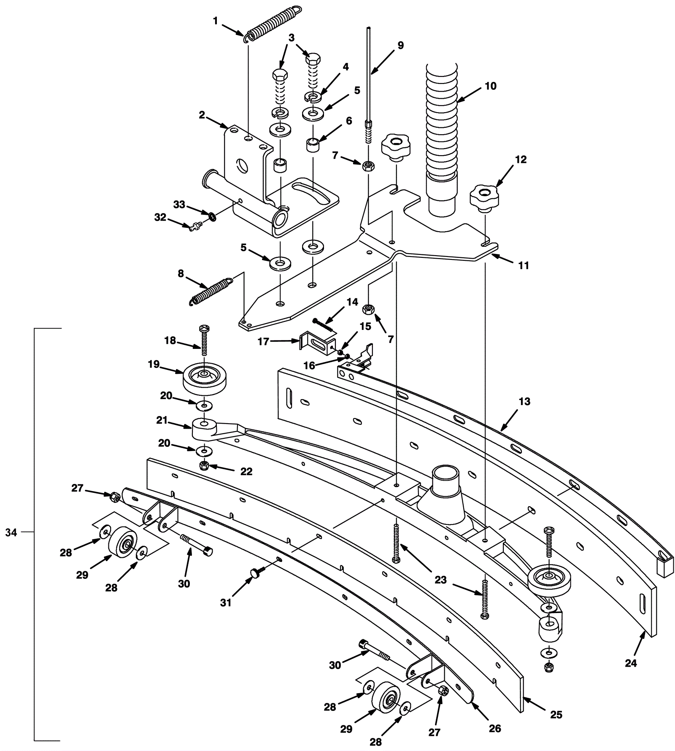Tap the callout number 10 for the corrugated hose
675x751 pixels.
490,86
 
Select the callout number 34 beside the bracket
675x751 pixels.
11,533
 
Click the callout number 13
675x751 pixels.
524,401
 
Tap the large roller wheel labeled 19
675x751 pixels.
205,378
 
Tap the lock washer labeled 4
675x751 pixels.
313,97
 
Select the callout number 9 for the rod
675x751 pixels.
400,46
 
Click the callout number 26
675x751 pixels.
494,728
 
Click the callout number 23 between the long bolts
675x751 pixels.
440,580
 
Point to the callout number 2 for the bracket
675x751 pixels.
202,115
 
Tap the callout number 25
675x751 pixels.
556,714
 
